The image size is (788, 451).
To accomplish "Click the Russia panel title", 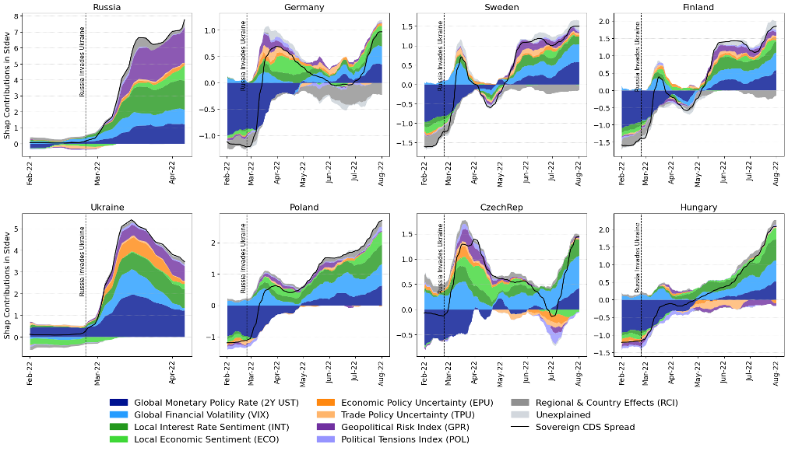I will tap(106, 7).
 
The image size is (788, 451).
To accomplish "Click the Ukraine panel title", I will tap(106, 208).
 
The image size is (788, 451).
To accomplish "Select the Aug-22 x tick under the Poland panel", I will tap(382, 372).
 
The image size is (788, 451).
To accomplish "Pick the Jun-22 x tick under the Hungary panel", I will tap(724, 372).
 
